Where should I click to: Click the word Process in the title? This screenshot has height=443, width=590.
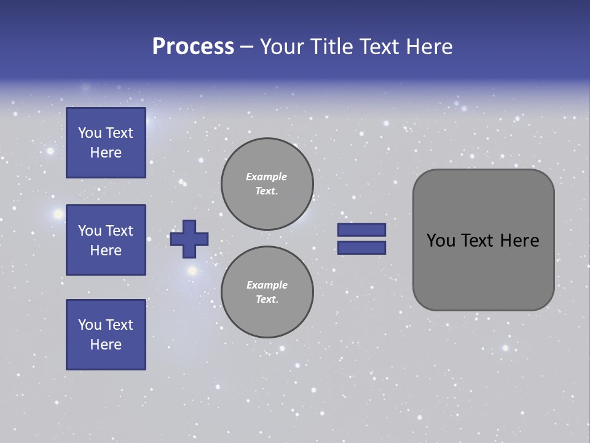tap(193, 47)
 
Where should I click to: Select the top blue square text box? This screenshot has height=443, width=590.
tap(106, 143)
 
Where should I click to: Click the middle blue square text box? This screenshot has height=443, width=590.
tap(106, 240)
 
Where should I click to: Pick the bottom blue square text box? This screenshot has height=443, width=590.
tap(106, 335)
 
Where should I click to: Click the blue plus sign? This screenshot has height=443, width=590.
tap(189, 239)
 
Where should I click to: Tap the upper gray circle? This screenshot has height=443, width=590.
tap(267, 184)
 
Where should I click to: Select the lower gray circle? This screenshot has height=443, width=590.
tap(267, 292)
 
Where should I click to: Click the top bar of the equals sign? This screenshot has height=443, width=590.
tap(361, 229)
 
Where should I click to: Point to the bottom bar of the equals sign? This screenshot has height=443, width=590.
tap(361, 247)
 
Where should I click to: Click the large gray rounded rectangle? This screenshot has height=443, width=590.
tap(483, 271)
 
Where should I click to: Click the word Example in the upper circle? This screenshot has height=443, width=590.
tap(267, 177)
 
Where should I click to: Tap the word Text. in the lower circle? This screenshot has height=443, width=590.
tap(267, 299)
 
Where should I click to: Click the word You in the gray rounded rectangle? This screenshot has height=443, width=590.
tap(441, 241)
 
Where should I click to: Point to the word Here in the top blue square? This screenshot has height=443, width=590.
tap(106, 153)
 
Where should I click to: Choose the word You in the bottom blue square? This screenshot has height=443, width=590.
tap(90, 325)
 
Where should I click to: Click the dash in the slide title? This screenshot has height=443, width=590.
tap(246, 47)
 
